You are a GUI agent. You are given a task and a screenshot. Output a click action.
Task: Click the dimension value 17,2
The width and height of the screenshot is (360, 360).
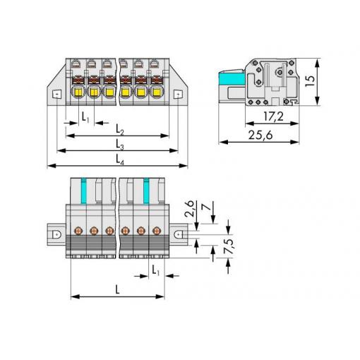[x=273, y=116]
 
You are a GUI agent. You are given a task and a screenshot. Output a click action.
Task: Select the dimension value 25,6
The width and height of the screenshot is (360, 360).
[x=260, y=135]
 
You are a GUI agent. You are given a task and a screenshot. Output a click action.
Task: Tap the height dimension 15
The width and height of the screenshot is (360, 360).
[x=310, y=81]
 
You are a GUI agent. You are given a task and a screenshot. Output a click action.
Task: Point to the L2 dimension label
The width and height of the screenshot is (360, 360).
[x=120, y=130]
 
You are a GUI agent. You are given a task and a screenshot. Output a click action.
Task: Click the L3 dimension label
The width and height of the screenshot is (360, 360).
[x=120, y=144]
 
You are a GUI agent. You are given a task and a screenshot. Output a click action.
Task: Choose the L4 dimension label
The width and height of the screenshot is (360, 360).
[x=120, y=160]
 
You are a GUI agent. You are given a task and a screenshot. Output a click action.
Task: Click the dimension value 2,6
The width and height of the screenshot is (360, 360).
[x=189, y=208]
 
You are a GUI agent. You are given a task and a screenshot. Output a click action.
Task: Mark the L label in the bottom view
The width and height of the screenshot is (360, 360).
[x=118, y=290]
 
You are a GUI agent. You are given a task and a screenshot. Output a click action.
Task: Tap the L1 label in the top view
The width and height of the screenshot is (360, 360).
[x=85, y=117]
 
